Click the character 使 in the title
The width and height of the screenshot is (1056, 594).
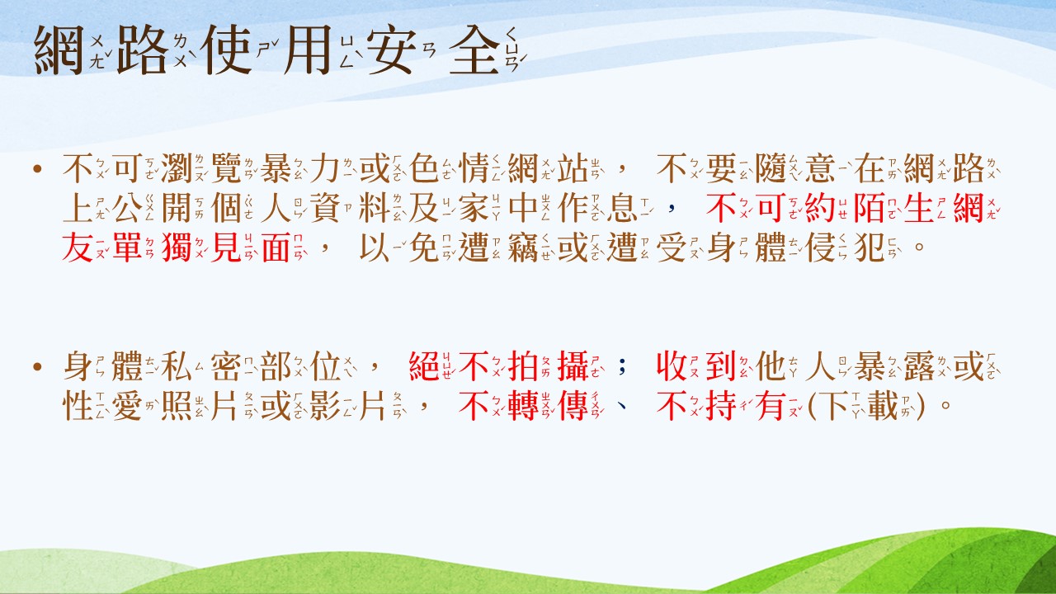(x=225, y=50)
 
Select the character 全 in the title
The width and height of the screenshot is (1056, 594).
(x=474, y=50)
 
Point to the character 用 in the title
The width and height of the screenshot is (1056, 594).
(x=308, y=50)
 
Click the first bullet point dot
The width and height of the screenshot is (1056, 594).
(x=38, y=169)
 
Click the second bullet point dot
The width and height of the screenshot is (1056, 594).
(x=38, y=367)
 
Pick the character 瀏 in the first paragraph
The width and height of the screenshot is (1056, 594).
(x=177, y=168)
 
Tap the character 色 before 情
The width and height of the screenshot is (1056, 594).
(x=424, y=168)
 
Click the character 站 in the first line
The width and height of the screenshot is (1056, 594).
(x=573, y=168)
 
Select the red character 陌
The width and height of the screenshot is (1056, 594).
(x=870, y=208)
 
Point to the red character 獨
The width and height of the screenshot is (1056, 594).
(x=177, y=247)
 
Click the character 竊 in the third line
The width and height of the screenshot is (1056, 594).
(x=523, y=247)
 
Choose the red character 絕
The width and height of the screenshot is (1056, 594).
(x=424, y=366)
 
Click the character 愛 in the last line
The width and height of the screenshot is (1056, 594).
(x=127, y=406)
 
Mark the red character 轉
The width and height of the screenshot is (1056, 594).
(x=523, y=406)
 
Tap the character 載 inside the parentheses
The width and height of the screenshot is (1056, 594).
(x=883, y=406)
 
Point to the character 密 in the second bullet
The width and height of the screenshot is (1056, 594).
(x=226, y=366)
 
